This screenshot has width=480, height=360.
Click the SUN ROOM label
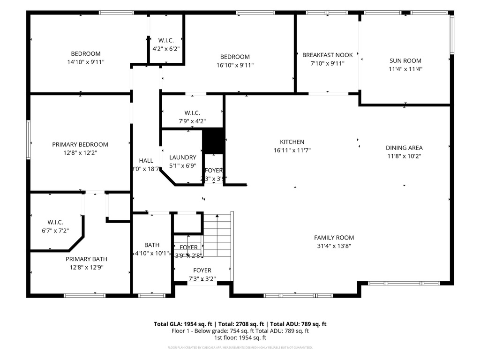(x=405, y=60)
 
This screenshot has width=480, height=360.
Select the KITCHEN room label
(x=292, y=142)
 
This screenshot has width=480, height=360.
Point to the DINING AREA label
(x=404, y=148)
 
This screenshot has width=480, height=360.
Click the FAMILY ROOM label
(x=334, y=238)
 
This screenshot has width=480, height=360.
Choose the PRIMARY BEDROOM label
(x=80, y=144)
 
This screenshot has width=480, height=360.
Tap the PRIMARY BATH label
(x=86, y=259)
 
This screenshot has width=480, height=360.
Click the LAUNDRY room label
(x=182, y=157)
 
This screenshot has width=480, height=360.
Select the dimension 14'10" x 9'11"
(x=85, y=62)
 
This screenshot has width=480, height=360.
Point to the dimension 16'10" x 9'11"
(x=235, y=65)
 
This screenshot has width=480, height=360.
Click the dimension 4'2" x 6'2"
(x=166, y=48)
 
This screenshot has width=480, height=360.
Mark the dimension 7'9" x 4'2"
(x=192, y=121)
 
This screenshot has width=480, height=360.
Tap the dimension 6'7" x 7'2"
(x=55, y=231)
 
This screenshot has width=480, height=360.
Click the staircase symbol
(x=217, y=234)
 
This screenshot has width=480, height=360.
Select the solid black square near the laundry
(x=213, y=141)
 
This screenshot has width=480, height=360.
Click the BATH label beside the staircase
(x=152, y=245)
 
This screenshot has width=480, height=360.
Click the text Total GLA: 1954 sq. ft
(x=184, y=324)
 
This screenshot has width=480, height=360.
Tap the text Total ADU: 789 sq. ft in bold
(x=298, y=324)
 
